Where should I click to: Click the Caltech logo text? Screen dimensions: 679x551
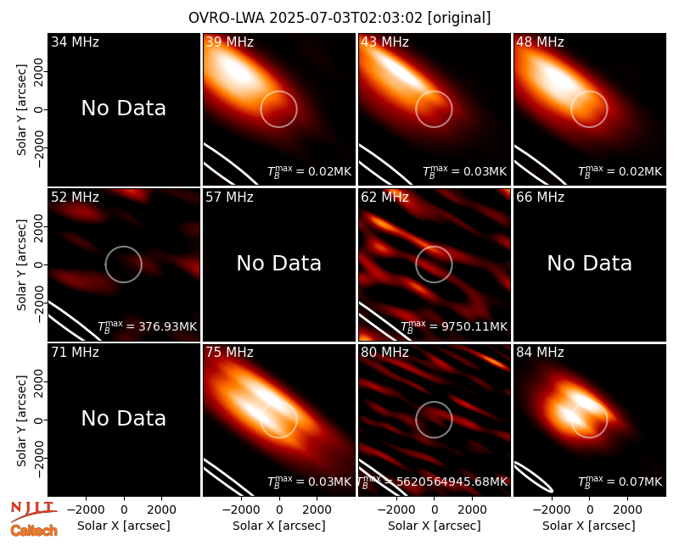click(34, 531)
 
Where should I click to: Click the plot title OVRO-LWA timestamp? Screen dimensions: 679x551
click(339, 18)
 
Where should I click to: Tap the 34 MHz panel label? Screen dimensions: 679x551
click(75, 42)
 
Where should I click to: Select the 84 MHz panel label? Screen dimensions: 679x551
click(540, 353)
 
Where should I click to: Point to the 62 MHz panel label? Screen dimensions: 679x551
click(384, 198)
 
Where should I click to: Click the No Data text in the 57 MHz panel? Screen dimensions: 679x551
click(279, 263)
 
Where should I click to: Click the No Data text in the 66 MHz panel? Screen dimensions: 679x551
click(589, 263)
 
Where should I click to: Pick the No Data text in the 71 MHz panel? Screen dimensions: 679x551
click(123, 418)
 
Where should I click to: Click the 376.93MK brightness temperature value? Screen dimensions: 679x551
click(167, 326)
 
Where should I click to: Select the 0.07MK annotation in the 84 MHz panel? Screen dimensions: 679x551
click(641, 481)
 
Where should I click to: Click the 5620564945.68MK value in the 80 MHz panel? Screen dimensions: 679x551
click(452, 481)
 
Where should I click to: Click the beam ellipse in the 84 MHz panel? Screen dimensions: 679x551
click(534, 477)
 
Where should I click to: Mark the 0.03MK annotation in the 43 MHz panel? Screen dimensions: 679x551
click(485, 172)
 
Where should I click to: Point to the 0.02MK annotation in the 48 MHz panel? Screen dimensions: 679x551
click(641, 172)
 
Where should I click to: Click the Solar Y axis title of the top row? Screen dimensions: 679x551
click(21, 110)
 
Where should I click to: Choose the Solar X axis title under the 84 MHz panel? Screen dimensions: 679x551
click(589, 526)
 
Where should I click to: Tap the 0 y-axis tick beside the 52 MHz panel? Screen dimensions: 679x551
click(38, 264)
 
